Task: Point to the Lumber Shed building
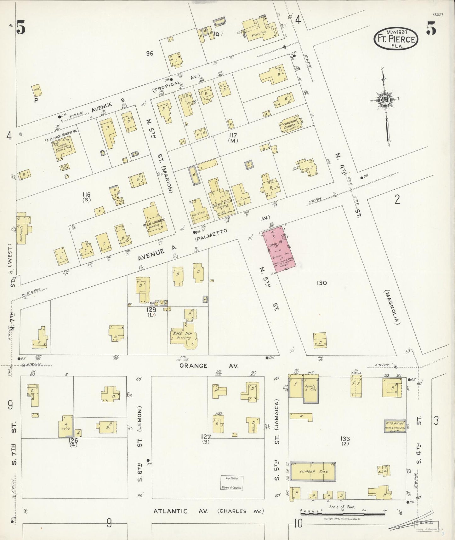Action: click(x=313, y=472)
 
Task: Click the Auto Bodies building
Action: click(x=395, y=426)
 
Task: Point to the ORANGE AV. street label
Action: click(x=209, y=366)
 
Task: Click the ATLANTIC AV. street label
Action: click(x=180, y=511)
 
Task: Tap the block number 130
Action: click(x=322, y=283)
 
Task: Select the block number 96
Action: click(x=150, y=54)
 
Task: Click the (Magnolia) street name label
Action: click(x=391, y=307)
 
